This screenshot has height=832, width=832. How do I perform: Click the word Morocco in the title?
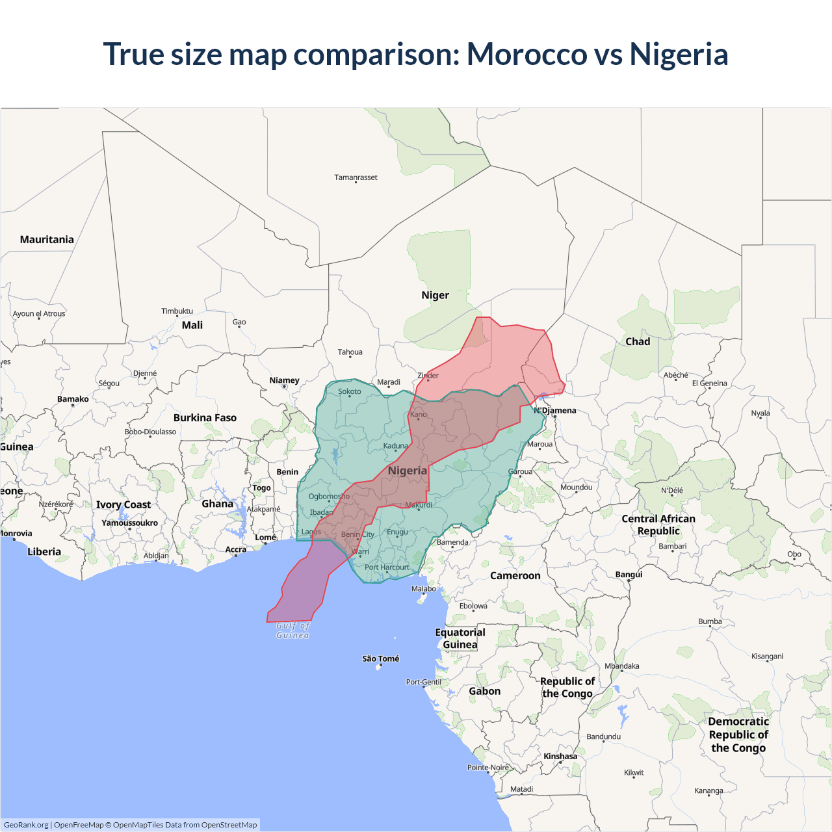[x=526, y=54]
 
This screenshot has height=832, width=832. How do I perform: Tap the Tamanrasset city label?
[x=356, y=177]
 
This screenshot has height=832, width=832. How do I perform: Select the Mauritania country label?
[x=47, y=240]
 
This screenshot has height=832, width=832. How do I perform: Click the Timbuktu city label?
[x=177, y=311]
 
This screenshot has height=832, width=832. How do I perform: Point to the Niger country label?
[x=435, y=295]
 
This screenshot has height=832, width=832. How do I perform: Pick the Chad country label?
[x=637, y=342]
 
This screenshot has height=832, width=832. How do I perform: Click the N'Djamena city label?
[x=555, y=411]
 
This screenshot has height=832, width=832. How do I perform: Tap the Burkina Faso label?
[x=205, y=418]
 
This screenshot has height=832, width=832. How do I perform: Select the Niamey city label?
[x=284, y=380]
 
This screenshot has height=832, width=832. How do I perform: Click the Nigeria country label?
[x=408, y=471]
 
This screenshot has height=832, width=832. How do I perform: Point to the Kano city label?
[x=419, y=415]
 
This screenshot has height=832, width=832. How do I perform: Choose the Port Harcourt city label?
[x=387, y=567]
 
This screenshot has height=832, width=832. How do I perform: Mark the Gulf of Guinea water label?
[x=292, y=630]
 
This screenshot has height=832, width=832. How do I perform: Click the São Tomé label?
[x=381, y=659]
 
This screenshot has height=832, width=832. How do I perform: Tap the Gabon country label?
[x=485, y=692]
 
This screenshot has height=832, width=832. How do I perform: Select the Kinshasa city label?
[x=560, y=757]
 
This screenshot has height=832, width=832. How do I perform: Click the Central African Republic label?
[x=658, y=525]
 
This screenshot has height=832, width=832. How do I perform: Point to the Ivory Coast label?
[x=123, y=505]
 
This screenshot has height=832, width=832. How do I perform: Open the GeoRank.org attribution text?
[x=26, y=825]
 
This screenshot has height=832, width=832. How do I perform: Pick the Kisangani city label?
[x=767, y=656]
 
